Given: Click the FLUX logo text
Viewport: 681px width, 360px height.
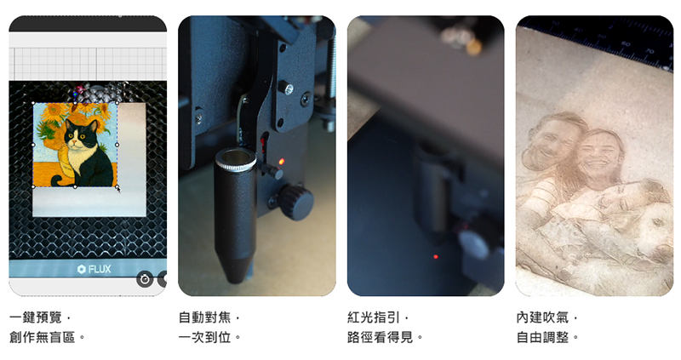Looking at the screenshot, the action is [x=94, y=269].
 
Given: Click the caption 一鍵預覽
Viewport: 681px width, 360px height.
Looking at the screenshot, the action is [x=36, y=317].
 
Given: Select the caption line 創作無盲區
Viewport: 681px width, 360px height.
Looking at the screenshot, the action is [x=42, y=337].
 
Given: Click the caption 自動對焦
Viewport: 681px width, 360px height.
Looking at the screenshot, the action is [x=204, y=317].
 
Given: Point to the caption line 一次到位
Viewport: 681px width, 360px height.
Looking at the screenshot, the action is [x=204, y=337].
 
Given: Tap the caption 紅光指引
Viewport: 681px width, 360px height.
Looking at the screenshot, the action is [x=373, y=317].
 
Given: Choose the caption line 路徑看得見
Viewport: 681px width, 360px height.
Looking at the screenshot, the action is [x=380, y=337].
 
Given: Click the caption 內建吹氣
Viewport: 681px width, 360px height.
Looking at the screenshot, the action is [x=542, y=317].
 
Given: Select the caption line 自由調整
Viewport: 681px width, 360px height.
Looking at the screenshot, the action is [x=542, y=337].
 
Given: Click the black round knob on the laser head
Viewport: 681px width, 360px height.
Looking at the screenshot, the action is [x=295, y=203].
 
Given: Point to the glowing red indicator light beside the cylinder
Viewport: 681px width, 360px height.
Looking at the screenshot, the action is [x=281, y=162].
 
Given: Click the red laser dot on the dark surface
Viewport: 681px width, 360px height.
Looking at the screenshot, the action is [x=436, y=257].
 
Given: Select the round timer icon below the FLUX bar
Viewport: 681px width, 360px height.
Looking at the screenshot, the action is [x=145, y=279].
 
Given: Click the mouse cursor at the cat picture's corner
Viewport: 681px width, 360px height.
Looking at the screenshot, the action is [x=118, y=188].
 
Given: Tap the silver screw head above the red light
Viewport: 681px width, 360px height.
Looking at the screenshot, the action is [x=286, y=89].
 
